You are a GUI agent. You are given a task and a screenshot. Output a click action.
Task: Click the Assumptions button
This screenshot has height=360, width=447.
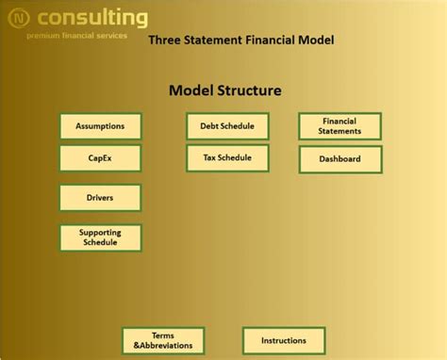(100, 126)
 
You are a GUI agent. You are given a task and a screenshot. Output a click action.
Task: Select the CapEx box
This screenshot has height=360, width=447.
(100, 158)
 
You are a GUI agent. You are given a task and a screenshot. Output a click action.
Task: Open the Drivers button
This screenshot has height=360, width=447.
(100, 198)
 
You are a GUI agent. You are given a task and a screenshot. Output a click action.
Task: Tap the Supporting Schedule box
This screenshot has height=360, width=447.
(100, 237)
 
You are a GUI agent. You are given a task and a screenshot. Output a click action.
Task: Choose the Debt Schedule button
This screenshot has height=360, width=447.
(227, 126)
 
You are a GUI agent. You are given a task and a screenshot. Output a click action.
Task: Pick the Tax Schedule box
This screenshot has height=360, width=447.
(227, 157)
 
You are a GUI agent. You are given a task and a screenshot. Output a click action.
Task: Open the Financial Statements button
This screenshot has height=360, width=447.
(340, 126)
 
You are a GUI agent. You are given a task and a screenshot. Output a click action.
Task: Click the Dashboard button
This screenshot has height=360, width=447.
(340, 159)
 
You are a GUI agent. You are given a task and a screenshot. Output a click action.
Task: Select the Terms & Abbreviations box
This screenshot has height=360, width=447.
(163, 340)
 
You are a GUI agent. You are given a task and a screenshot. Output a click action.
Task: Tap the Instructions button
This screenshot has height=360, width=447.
(284, 340)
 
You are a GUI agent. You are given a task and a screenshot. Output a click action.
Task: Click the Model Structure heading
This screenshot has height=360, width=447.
(224, 91)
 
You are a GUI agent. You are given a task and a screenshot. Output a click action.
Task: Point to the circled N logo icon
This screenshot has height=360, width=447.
(18, 19)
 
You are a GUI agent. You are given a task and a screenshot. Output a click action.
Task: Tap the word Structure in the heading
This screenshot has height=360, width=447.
(247, 91)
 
